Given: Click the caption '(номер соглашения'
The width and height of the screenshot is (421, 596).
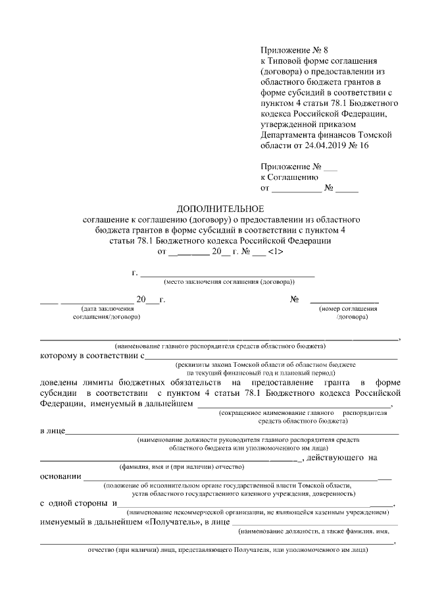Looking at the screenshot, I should pos(348,308).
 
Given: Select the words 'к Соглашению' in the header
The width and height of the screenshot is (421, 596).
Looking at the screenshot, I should pos(289,176).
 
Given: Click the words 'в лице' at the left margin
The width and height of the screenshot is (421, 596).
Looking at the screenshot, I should pos(52,431).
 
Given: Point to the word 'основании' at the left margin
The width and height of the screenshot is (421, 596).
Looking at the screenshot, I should pos(61,476).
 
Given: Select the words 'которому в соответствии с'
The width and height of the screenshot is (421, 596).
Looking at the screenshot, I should pos(91,356).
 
